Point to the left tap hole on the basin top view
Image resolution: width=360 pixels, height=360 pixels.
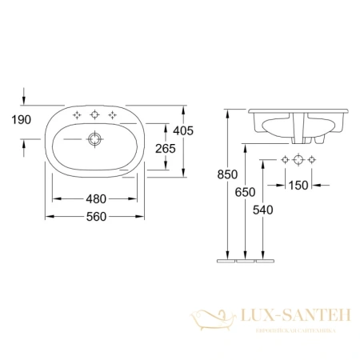78,116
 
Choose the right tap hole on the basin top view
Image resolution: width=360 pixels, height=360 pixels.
114,116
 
